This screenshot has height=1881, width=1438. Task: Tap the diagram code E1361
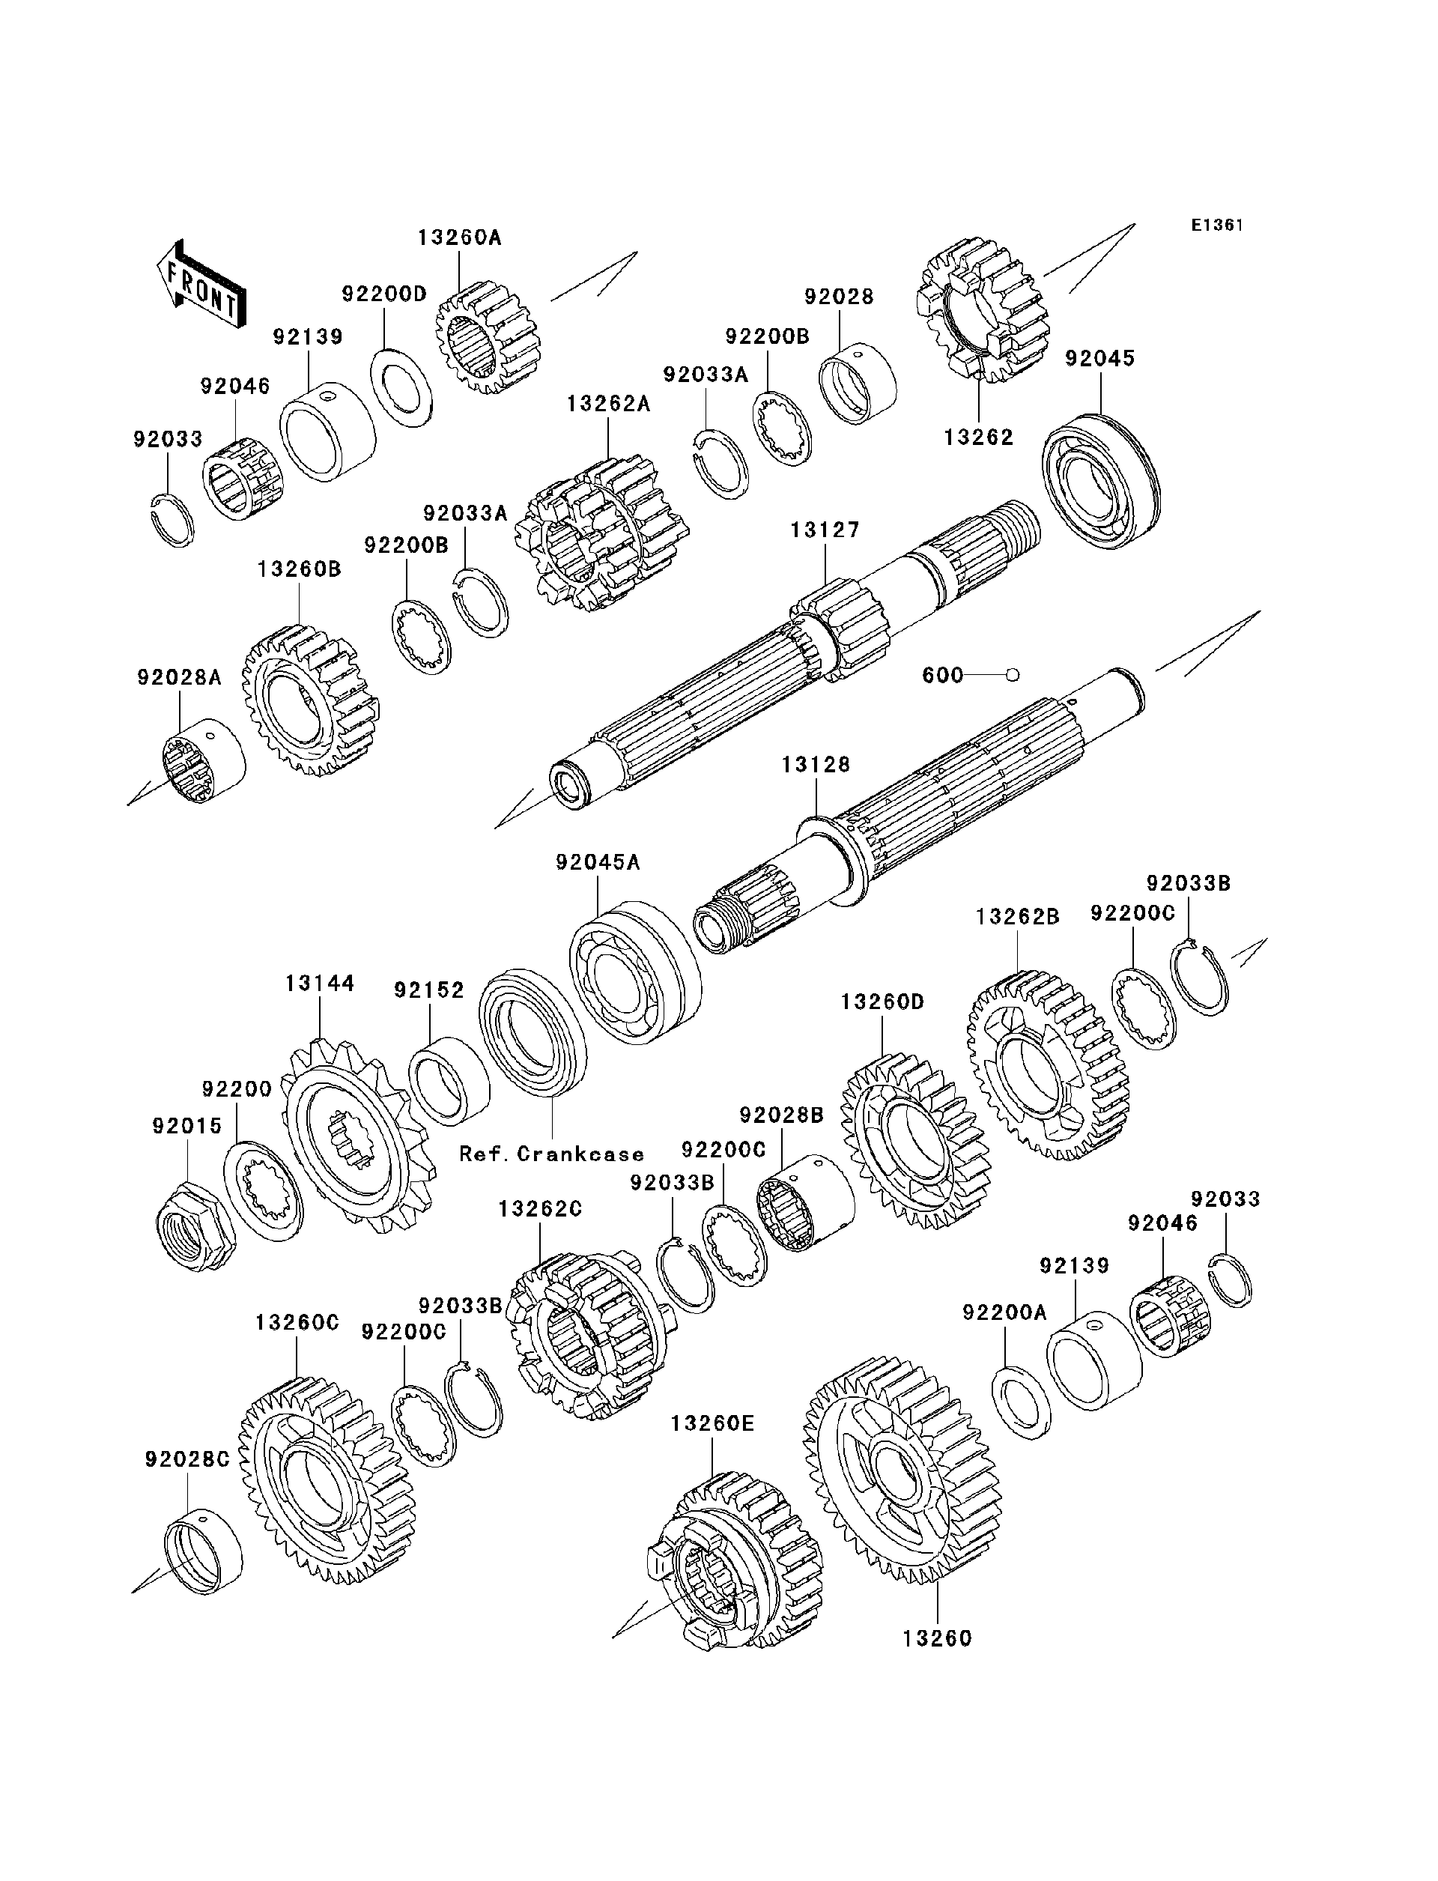point(1217,225)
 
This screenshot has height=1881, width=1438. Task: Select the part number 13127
point(825,530)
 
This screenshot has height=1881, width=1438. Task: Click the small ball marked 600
point(1013,676)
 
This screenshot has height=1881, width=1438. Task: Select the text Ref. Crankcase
point(551,1154)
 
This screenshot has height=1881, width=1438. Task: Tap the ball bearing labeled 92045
point(1101,480)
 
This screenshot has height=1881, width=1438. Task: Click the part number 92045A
point(598,862)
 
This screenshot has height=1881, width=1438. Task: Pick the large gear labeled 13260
point(903,1471)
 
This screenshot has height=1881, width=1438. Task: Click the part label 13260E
point(712,1423)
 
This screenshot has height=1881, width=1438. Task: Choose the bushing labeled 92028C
point(203,1551)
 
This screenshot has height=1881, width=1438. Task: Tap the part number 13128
point(816,765)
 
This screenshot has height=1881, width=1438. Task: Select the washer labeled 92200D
point(401,388)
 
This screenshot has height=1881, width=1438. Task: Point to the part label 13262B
point(1017,917)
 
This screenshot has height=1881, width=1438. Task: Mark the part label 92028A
point(179,677)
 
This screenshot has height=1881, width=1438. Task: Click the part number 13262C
point(540,1208)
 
